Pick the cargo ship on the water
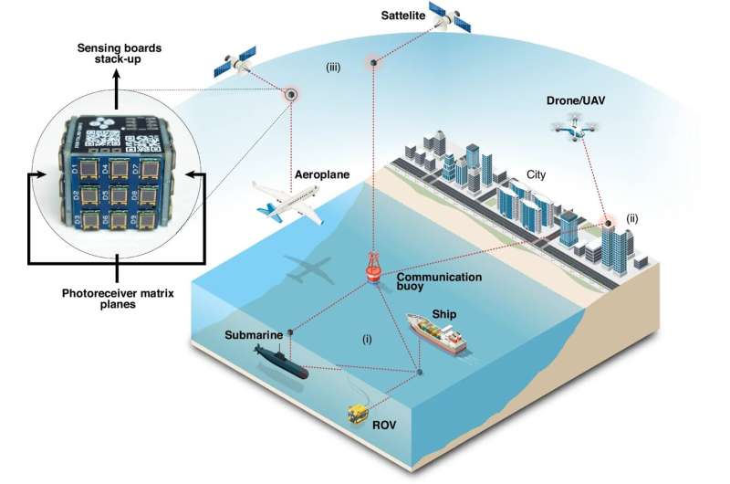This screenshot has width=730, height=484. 437,335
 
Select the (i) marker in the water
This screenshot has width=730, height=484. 367,339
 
